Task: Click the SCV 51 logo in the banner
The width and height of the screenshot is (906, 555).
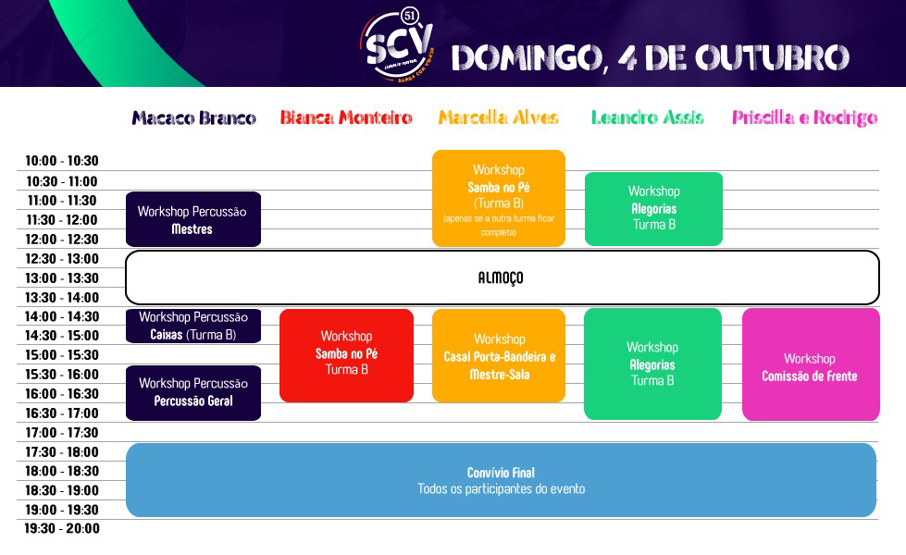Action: click(399, 43)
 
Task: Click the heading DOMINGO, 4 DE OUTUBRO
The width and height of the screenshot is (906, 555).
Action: click(650, 57)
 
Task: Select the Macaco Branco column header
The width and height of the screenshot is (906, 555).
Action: click(193, 118)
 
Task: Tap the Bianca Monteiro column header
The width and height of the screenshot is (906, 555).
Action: click(346, 118)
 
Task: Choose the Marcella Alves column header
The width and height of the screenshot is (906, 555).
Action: click(499, 118)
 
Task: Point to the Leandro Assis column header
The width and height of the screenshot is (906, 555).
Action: click(648, 118)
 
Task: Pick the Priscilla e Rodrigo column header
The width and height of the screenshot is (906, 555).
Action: click(804, 118)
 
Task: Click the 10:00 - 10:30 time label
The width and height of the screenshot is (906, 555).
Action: click(62, 161)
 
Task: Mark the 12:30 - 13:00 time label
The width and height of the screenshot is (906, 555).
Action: click(62, 259)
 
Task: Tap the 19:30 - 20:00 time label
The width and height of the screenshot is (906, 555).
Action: click(62, 529)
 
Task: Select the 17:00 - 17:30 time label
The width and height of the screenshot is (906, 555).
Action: click(62, 433)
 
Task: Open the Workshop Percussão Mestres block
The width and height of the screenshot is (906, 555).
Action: click(193, 219)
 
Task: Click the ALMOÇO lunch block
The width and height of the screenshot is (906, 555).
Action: click(502, 277)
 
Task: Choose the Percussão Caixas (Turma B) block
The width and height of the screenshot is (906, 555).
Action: click(193, 326)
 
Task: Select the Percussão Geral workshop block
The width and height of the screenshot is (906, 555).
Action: click(193, 392)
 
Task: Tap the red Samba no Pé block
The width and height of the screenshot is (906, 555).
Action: click(346, 355)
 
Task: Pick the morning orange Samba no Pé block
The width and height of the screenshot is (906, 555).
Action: click(499, 199)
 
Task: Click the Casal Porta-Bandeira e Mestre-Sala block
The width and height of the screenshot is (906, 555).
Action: click(499, 356)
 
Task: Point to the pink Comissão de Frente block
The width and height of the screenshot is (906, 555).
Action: click(810, 365)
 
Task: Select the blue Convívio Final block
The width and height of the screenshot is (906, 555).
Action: click(501, 480)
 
